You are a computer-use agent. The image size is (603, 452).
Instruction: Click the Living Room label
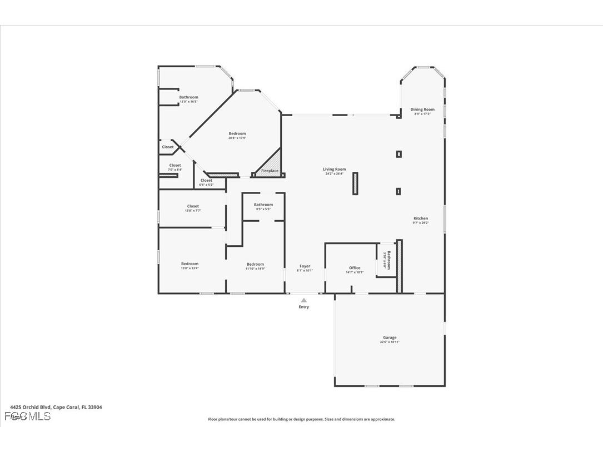(x=335, y=170)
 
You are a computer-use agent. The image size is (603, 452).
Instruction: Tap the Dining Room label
(x=422, y=110)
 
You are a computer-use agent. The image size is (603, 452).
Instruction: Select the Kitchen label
(x=421, y=218)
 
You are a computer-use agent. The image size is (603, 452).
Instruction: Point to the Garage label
(x=389, y=337)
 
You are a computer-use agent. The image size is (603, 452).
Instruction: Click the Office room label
(x=355, y=268)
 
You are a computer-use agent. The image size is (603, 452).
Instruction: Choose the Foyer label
(x=305, y=266)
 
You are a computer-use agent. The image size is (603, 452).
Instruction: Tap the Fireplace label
(x=270, y=171)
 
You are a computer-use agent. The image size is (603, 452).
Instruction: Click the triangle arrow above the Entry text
(x=303, y=300)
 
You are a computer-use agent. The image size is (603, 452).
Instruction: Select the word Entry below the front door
(x=303, y=307)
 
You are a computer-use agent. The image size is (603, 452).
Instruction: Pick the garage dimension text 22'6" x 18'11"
(x=389, y=342)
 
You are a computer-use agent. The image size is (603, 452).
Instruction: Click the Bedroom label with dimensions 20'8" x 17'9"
(x=237, y=133)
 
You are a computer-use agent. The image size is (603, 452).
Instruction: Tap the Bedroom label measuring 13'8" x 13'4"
(x=190, y=264)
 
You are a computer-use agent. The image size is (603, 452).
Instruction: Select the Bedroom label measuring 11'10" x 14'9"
(x=255, y=265)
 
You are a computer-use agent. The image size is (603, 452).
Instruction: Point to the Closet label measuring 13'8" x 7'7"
(x=193, y=207)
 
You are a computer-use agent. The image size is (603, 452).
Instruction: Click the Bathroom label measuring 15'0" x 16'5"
(x=188, y=97)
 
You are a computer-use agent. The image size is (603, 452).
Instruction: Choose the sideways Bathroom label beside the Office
(x=388, y=260)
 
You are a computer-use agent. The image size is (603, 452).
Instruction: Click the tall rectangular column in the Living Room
(x=355, y=183)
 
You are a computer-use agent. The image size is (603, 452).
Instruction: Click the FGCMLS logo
(x=27, y=416)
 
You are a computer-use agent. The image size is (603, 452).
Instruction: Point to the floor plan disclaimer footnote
(x=301, y=419)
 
